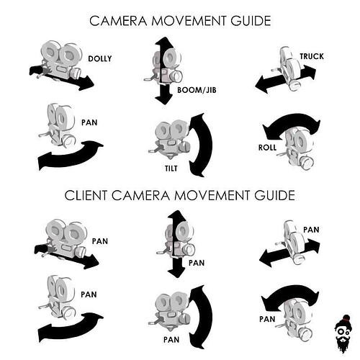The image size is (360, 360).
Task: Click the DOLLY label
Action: pos(100,59)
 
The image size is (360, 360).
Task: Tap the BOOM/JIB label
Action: pos(197,90)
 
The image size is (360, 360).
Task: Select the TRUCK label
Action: pos(312,56)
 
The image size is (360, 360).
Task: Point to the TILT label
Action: pos(171,168)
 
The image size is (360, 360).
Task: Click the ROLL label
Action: pos(267,148)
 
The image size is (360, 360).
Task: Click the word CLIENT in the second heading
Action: pos(86,195)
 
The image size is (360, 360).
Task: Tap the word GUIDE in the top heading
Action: pos(251,21)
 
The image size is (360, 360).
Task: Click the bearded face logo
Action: pos(343,333)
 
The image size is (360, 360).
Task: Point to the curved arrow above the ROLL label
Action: pos(292,120)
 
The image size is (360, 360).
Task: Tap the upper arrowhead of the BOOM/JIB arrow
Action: pos(164,42)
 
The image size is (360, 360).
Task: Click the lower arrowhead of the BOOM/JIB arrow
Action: pos(164,99)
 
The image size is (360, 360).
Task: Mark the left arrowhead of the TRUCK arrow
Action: pos(261,84)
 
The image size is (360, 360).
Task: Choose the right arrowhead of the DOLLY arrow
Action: pos(87,83)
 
